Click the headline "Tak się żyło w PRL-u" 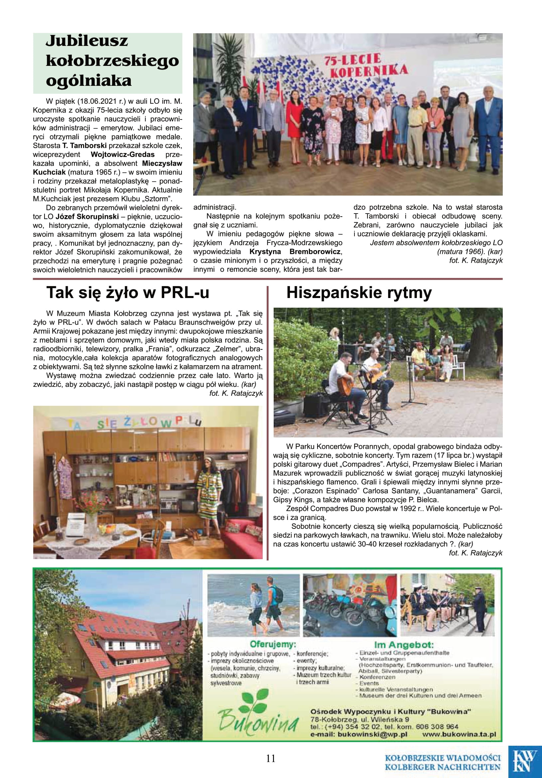127,293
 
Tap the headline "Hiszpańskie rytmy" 359,293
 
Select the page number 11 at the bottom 271,758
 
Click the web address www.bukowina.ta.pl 459,734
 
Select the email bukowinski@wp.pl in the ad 373,734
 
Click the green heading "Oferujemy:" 273,644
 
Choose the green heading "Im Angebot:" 404,645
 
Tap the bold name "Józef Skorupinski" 87,217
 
